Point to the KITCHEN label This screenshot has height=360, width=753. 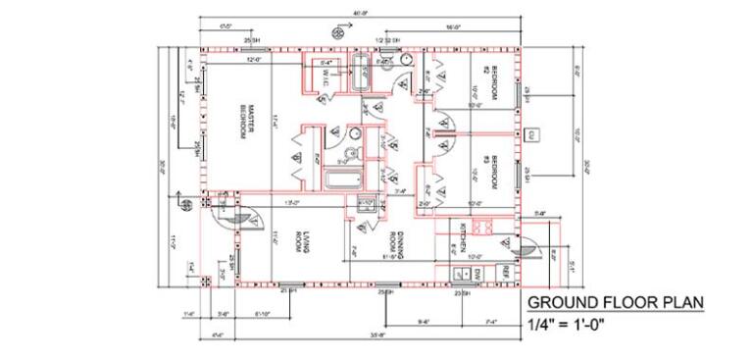(464, 236)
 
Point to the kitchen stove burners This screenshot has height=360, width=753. (481, 227)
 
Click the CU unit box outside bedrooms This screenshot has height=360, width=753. (531, 133)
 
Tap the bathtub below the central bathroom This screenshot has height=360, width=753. (342, 180)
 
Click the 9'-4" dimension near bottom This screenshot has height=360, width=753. (424, 321)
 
